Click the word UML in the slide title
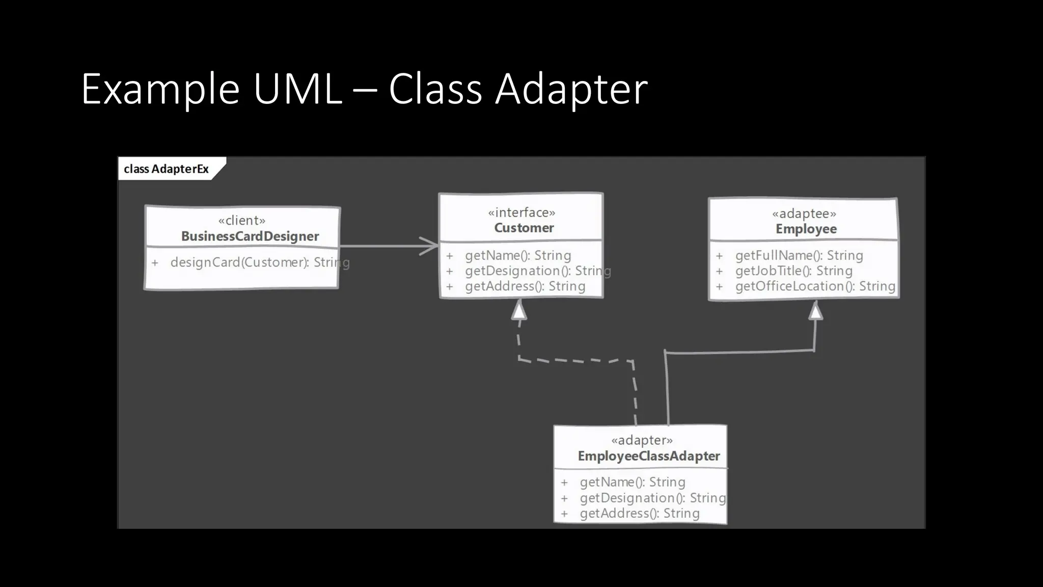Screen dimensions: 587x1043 [297, 89]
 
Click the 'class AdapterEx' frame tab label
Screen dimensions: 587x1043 [166, 169]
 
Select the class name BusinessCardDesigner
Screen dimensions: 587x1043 [250, 236]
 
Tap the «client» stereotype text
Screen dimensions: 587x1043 [241, 221]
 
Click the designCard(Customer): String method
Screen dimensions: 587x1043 [260, 262]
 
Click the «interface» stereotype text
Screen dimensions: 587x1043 [521, 212]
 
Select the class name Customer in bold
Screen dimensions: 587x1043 [524, 228]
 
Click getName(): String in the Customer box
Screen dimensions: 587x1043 [517, 255]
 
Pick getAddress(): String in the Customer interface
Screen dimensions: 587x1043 [525, 286]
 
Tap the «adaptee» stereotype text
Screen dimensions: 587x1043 [804, 214]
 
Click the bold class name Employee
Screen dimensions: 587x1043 [806, 229]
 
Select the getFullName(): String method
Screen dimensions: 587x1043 [799, 255]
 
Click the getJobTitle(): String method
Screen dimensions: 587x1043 [793, 271]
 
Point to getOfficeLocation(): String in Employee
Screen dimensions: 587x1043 [815, 286]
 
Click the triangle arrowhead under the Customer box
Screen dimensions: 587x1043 [518, 310]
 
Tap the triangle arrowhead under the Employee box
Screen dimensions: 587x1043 [815, 311]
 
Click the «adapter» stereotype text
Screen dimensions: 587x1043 [642, 440]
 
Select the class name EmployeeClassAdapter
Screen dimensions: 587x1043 [648, 456]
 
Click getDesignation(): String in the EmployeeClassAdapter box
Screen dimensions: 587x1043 [652, 498]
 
